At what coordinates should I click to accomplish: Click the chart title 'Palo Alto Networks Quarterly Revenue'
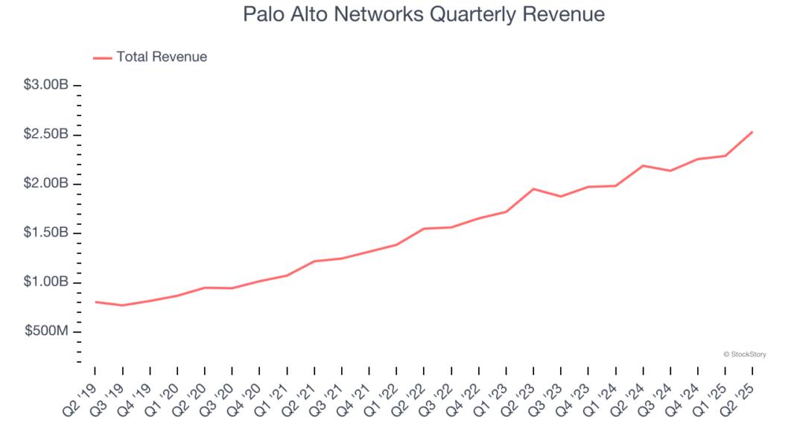tap(424, 14)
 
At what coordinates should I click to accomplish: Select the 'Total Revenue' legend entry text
tap(162, 57)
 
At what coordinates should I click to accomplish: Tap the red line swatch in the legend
tap(102, 57)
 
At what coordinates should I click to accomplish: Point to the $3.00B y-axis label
tap(46, 86)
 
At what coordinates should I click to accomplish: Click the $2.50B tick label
tap(46, 135)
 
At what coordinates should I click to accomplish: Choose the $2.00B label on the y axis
tap(46, 184)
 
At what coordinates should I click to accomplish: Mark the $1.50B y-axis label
tap(46, 233)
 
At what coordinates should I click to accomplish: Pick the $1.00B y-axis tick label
tap(46, 282)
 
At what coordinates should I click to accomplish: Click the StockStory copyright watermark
tap(744, 355)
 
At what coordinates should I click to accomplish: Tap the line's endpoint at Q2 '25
tap(752, 132)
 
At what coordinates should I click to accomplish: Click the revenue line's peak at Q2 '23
tap(533, 188)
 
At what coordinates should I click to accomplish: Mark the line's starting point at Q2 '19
tap(95, 302)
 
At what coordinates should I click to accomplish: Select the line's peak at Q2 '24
tap(643, 165)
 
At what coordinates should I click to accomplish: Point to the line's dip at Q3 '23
tap(561, 197)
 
